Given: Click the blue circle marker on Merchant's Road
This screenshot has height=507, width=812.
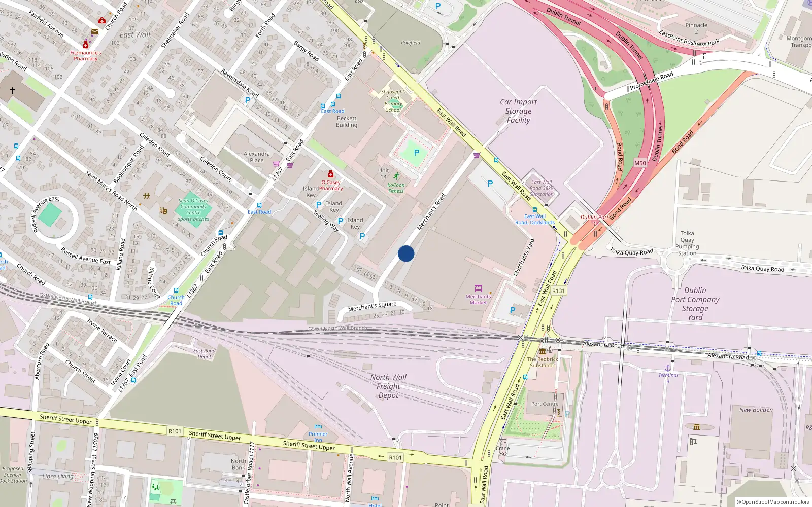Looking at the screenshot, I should coord(406,253).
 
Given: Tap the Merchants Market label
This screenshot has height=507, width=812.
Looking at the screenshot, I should coord(478,299).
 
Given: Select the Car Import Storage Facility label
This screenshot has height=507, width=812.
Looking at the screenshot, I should coord(518,111).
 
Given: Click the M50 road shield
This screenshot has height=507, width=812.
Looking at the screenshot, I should coord(640,163).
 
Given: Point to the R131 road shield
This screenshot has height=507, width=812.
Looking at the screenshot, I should coord(558,291).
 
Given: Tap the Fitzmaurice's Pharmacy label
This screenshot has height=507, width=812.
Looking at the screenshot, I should coord(85,55).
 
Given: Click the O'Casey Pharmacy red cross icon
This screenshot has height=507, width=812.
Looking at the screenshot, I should coord(331,174).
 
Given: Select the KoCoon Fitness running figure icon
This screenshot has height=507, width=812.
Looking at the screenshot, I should coord(396,176).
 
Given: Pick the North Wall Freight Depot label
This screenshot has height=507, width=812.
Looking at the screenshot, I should coord(388,386).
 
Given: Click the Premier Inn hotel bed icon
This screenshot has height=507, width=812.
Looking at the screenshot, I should coord(318,427).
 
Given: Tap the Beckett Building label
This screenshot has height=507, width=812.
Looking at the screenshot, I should coord(347,122).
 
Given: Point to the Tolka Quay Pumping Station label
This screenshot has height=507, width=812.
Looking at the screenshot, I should coord(687,243).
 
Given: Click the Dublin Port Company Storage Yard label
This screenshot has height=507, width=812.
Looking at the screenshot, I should coord(695,304).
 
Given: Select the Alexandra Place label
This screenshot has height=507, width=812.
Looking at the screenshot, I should coord(257,157).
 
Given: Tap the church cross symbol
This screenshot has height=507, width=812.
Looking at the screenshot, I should coord(13,91).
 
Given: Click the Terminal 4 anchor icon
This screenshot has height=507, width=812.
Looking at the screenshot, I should coord(668,368).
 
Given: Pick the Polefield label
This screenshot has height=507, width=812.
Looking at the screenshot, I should coord(411,43).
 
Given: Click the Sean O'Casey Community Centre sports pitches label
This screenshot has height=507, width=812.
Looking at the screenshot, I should coord(193,210).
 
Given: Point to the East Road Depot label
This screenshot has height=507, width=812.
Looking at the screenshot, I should coord(205,353).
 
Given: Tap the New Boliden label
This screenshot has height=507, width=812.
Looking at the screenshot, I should coord(756,410).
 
